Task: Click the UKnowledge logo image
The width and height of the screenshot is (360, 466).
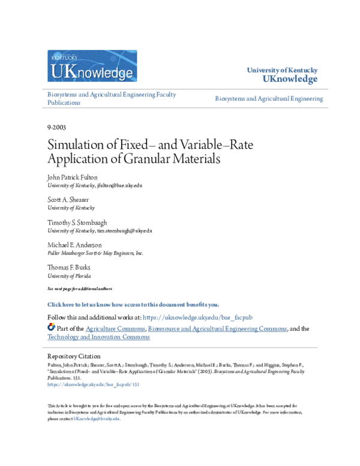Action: pos(92,66)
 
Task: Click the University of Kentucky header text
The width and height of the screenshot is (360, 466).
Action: pos(282,71)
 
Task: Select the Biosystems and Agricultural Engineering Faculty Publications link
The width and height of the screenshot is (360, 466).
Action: pos(111,98)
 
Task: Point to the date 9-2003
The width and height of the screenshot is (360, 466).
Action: pos(56,127)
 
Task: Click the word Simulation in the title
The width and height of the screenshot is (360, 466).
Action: pos(78,147)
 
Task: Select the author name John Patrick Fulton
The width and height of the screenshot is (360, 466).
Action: pos(72,177)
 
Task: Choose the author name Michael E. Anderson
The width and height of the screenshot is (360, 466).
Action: pos(74,245)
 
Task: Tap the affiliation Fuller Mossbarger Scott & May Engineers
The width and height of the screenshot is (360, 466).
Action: pos(95,253)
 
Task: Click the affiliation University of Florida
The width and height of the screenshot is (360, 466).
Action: pos(69,276)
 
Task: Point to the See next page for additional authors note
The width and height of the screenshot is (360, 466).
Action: pos(80,289)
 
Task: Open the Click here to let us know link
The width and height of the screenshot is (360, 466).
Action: pos(133,305)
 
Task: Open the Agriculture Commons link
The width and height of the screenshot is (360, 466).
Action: pos(115,328)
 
